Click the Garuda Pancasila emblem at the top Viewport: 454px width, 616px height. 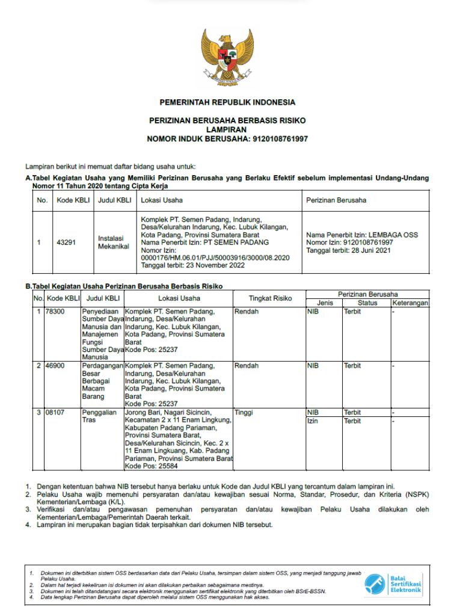point(227,57)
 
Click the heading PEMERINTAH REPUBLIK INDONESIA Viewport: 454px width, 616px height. point(227,102)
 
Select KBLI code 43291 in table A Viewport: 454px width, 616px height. point(66,242)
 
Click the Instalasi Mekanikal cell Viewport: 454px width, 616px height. point(114,242)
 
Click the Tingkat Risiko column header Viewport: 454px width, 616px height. point(270,298)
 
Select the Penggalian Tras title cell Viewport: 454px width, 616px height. point(97,416)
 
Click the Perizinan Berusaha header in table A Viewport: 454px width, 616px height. point(336,200)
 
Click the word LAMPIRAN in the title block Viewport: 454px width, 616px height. point(226,129)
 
